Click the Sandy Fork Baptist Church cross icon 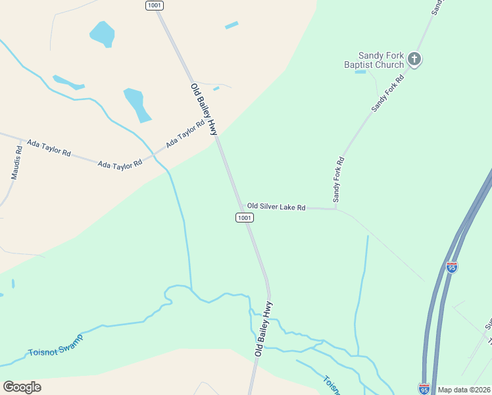414,59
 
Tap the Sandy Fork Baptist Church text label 374,61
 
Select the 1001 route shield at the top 155,5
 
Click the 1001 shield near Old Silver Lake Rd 244,217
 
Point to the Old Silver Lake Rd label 276,207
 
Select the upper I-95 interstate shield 451,267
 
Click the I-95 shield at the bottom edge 424,389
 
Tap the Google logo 22,387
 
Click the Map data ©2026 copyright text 464,390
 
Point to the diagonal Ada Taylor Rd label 185,134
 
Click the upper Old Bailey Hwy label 204,109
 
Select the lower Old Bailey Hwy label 264,330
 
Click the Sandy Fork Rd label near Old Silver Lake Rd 338,179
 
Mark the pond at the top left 102,34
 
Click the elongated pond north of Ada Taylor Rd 137,105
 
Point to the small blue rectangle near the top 232,26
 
